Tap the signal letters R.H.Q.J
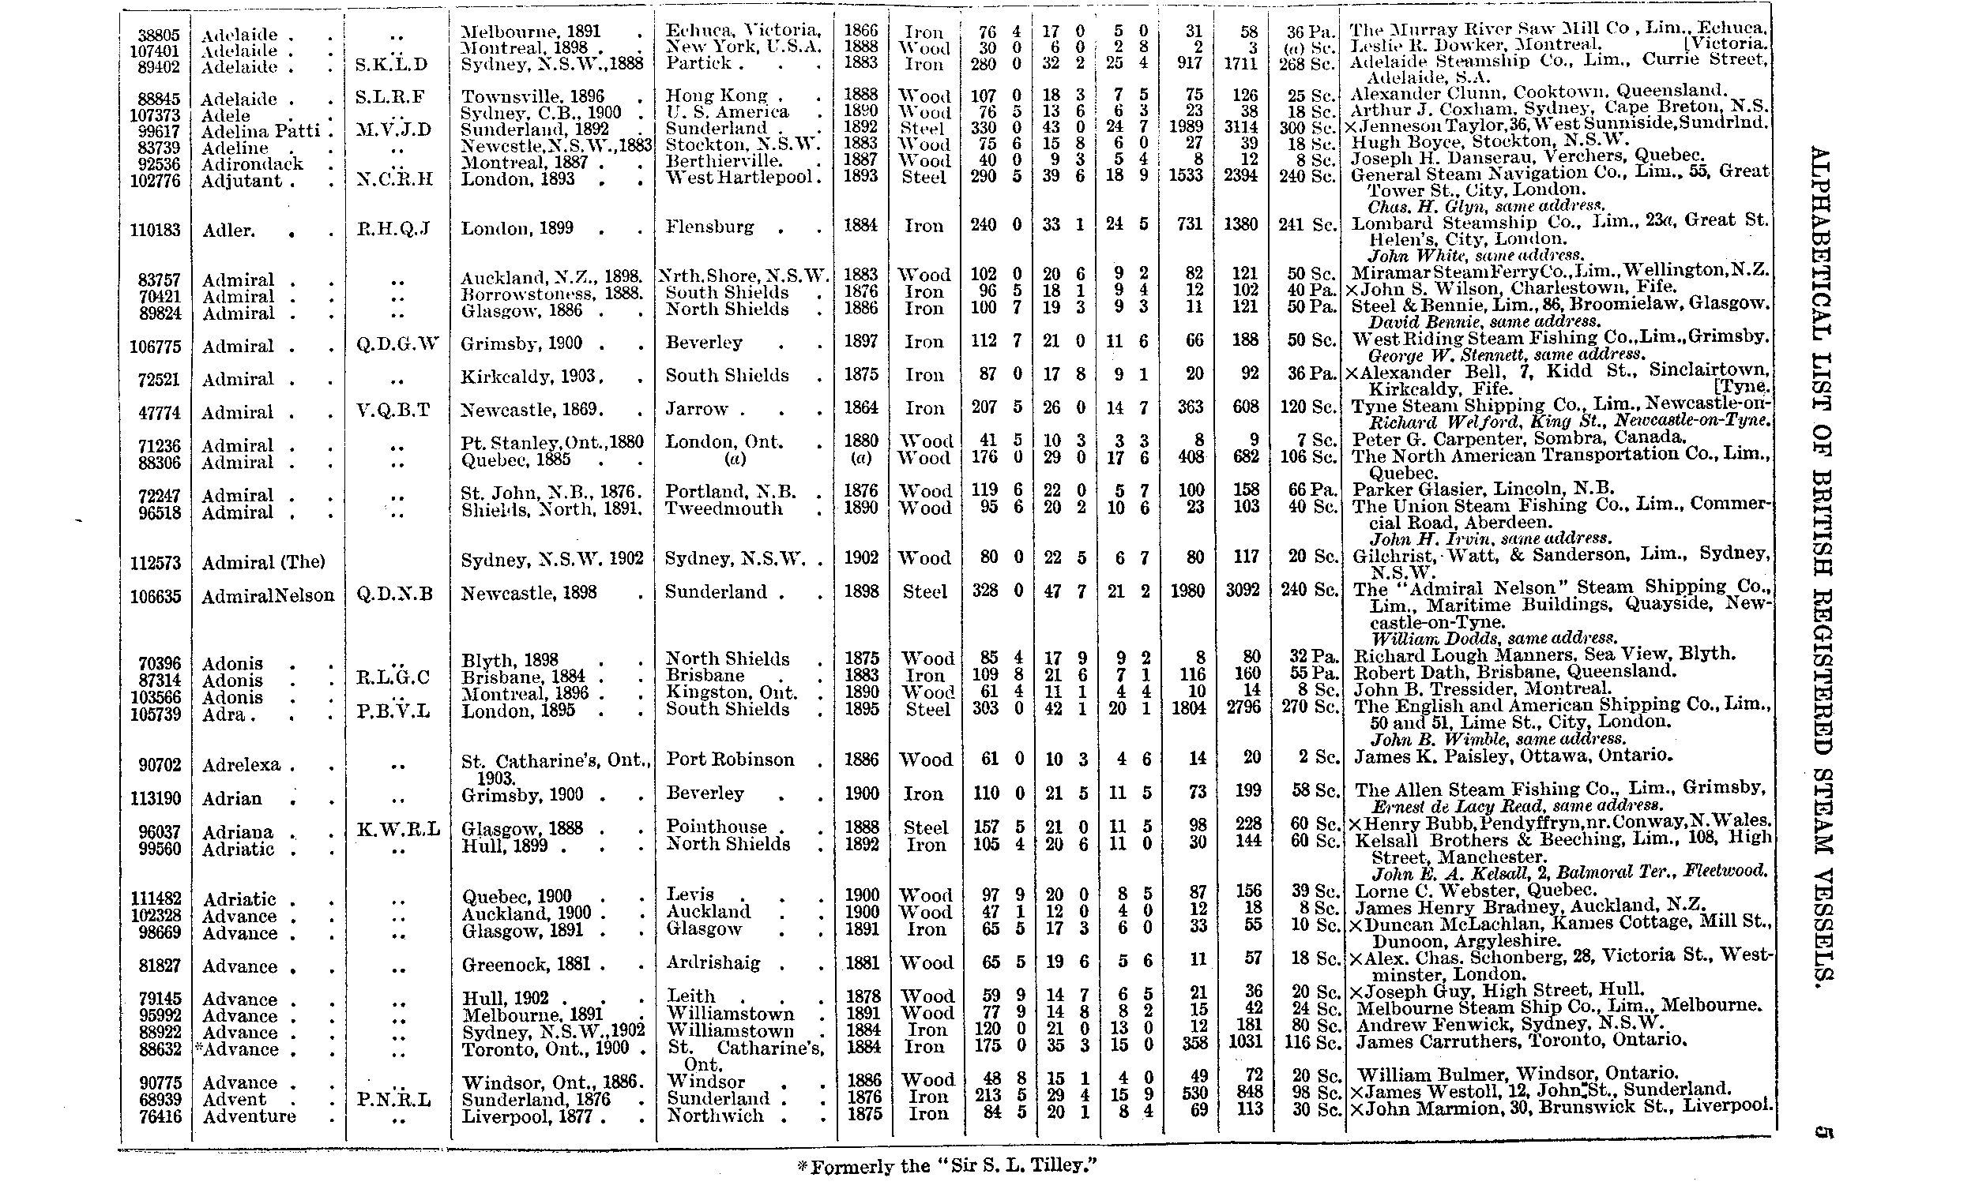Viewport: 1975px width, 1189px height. pos(393,229)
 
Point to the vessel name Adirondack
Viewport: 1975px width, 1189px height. pos(253,164)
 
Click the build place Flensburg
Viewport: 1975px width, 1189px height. pos(709,227)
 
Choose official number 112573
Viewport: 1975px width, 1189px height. pos(155,563)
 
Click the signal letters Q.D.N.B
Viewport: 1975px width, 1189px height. pos(394,594)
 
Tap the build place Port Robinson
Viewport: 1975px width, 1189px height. pos(730,760)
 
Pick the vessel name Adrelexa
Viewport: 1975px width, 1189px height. pos(241,765)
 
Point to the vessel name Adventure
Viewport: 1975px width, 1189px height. pos(249,1117)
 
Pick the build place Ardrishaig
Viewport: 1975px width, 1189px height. pos(713,963)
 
